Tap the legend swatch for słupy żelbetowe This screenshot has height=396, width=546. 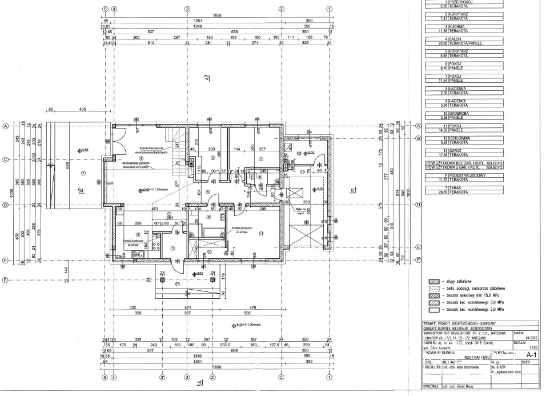click(432, 282)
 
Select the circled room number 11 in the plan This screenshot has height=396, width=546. click(260, 234)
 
